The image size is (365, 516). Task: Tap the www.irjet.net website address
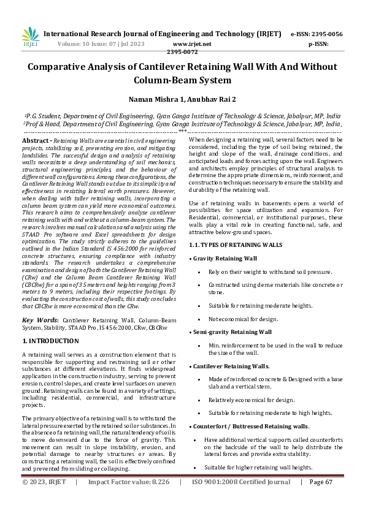[x=192, y=44]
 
